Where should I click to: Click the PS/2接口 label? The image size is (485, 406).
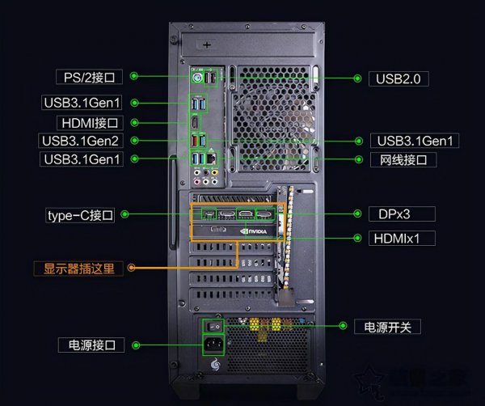pos(89,77)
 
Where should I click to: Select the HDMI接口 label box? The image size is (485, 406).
pos(89,123)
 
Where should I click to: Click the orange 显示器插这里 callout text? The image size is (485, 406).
pos(78,268)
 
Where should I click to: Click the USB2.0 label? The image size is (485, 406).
pos(399,78)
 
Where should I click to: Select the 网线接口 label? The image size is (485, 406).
pos(403,160)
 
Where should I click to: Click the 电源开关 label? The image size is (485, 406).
pos(388,327)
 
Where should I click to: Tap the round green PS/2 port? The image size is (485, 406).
pos(196,78)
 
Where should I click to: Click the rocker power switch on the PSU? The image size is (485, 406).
pos(214,327)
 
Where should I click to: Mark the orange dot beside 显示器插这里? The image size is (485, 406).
pos(132,268)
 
